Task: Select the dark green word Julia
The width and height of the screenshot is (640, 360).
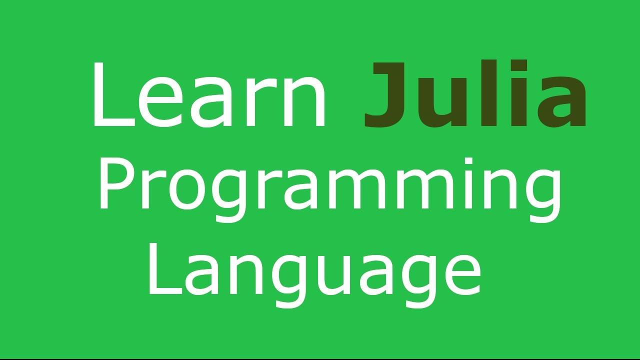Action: (475, 95)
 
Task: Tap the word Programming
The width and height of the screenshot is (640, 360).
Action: (330, 185)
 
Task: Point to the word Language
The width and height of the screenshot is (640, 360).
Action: (314, 270)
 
